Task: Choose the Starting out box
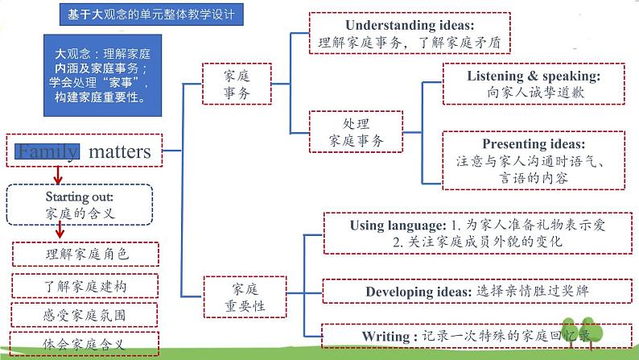coord(79,205)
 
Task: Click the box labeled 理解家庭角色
coord(87,253)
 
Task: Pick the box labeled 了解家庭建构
coord(86,285)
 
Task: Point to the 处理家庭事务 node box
coord(356,132)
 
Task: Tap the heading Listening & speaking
coord(533,76)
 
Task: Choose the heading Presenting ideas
coord(534,144)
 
